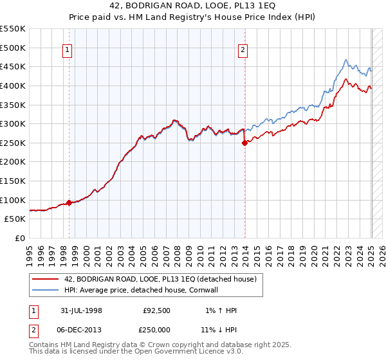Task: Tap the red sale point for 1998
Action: click(69, 203)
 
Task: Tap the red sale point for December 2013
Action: click(244, 143)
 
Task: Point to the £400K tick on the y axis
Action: click(14, 85)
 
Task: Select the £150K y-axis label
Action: click(14, 181)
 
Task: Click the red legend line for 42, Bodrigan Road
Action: click(45, 279)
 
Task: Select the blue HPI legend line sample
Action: click(45, 290)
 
